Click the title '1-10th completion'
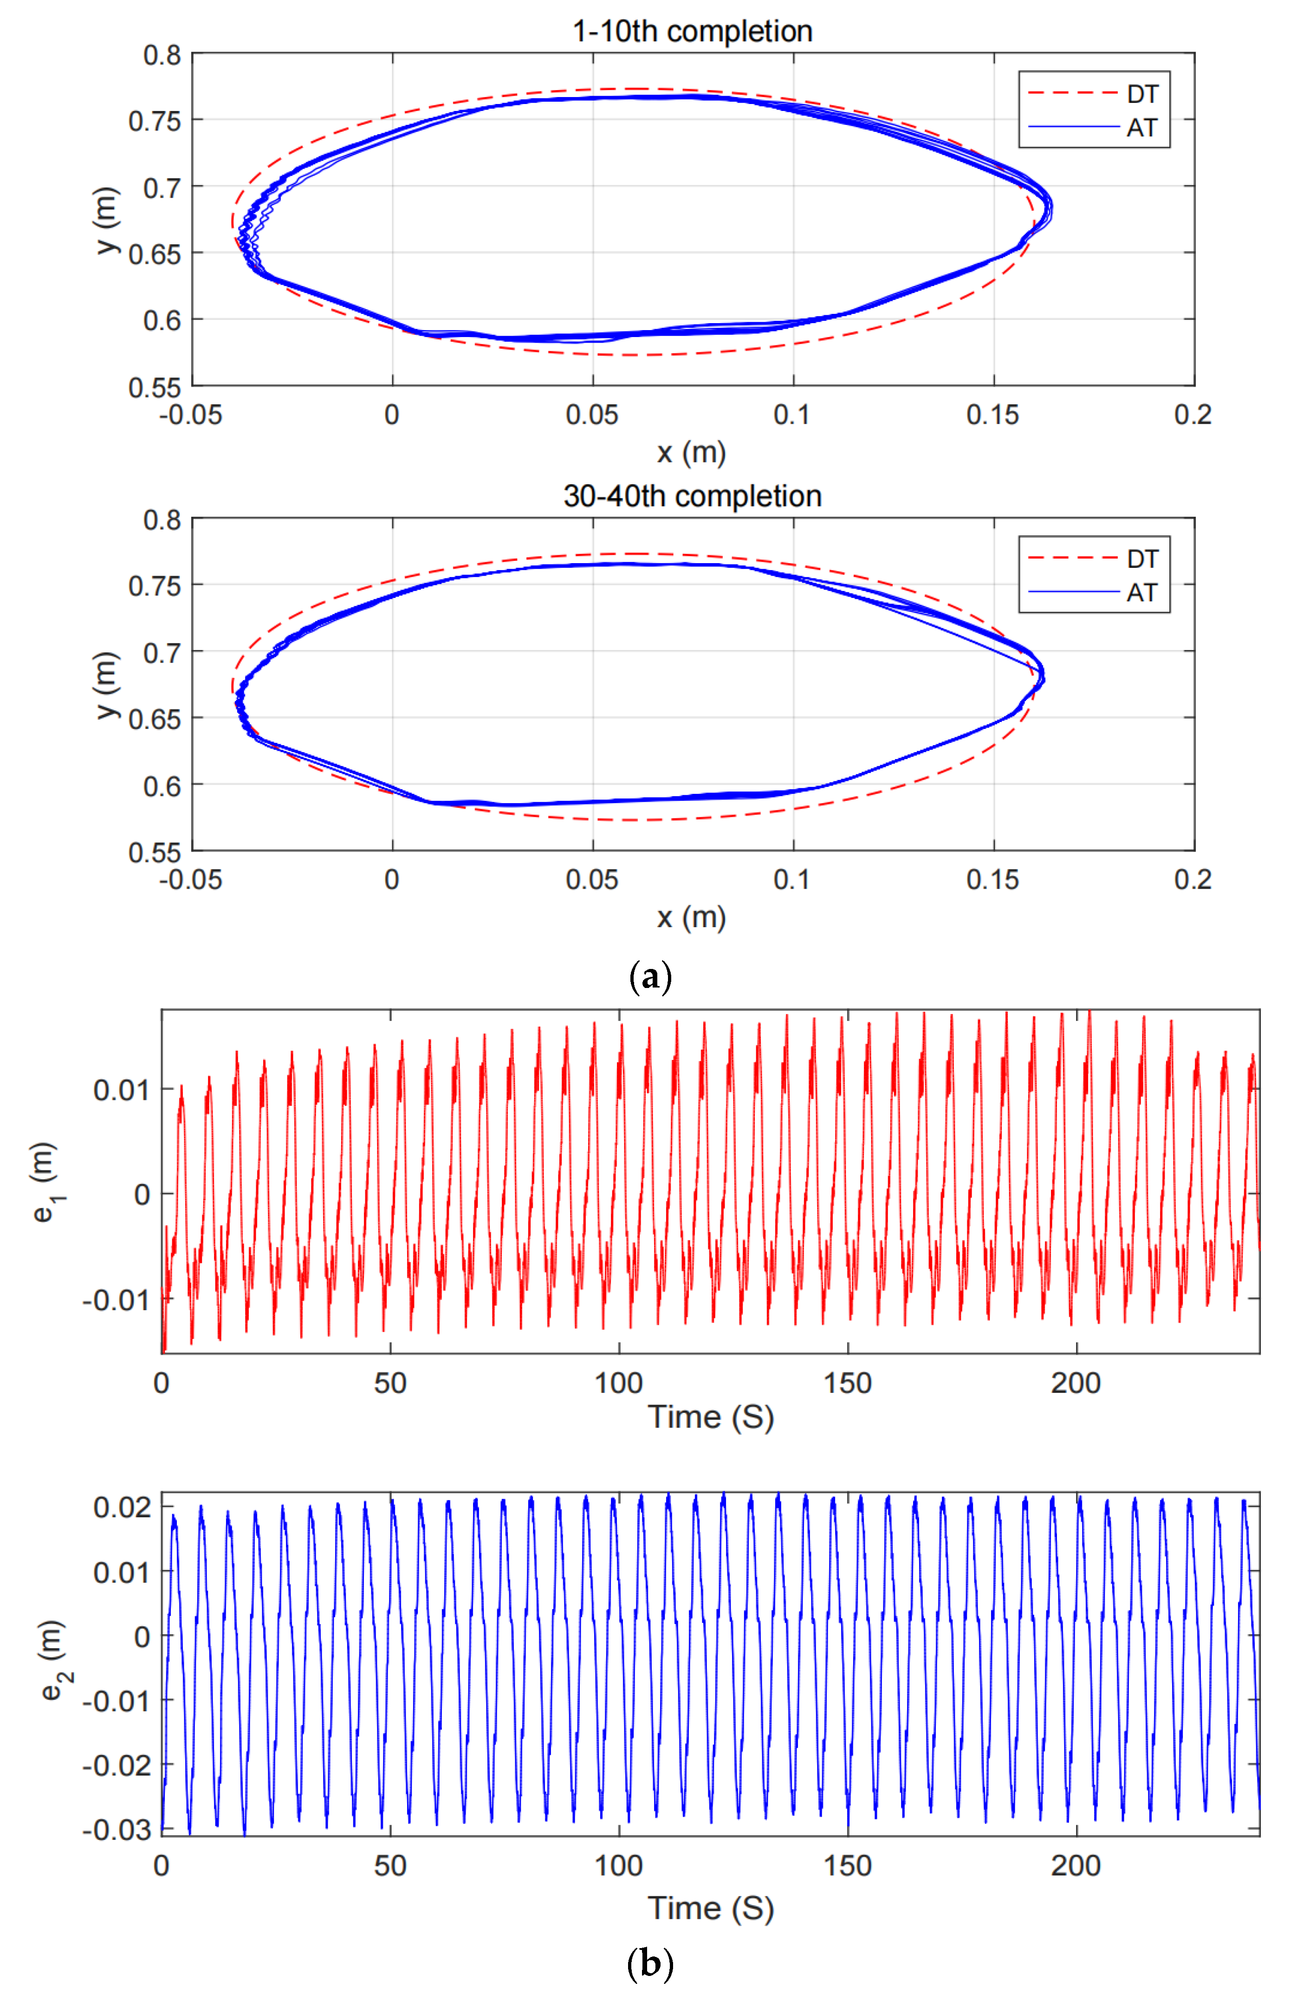tap(692, 31)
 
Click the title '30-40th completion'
tap(692, 496)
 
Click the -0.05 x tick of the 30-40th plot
tap(191, 880)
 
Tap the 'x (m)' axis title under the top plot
tap(691, 453)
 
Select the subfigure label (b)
tap(650, 1963)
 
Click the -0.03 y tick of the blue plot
tap(117, 1830)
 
